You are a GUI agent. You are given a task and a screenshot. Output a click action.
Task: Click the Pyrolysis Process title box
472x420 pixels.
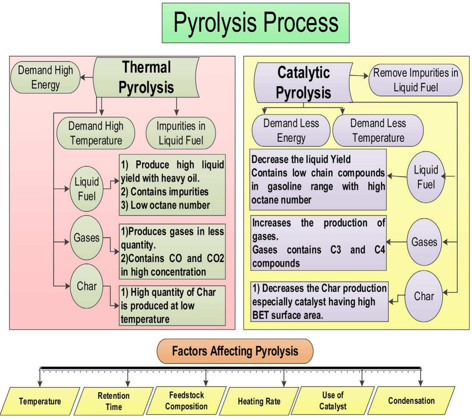click(255, 23)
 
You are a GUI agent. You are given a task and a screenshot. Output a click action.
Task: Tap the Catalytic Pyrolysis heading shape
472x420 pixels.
click(303, 83)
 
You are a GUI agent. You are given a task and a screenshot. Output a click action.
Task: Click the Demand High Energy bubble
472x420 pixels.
click(45, 78)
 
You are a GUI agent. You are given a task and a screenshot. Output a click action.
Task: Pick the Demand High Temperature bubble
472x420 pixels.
click(96, 133)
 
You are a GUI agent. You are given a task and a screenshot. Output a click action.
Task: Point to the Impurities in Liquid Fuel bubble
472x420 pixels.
click(180, 133)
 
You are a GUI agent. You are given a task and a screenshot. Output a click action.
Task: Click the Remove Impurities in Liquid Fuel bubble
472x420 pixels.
click(415, 80)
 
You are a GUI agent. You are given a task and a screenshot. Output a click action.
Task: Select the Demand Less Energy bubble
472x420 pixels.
click(291, 130)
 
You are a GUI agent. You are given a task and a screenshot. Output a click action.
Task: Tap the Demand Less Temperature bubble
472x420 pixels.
click(378, 130)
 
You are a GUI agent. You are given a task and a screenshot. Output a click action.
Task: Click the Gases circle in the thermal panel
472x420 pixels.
click(86, 238)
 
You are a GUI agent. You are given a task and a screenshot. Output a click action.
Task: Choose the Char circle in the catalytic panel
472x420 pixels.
click(424, 296)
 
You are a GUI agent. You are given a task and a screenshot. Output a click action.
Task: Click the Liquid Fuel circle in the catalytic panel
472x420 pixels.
click(426, 177)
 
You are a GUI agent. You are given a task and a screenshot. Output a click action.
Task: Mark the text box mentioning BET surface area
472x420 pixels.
click(319, 302)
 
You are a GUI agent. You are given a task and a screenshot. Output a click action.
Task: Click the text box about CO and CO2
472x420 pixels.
click(172, 251)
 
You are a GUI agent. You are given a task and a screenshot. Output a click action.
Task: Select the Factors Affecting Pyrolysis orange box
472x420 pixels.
click(235, 351)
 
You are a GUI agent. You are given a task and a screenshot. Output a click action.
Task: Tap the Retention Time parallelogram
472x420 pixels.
click(113, 401)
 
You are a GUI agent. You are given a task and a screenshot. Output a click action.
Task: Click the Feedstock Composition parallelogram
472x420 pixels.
click(186, 401)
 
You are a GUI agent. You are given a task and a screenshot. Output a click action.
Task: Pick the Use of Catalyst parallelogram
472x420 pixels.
click(333, 401)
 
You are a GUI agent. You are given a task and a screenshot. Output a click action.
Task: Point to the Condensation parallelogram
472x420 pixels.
click(411, 401)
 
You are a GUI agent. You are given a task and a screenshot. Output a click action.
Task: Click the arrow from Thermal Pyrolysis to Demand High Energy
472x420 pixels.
click(87, 78)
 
